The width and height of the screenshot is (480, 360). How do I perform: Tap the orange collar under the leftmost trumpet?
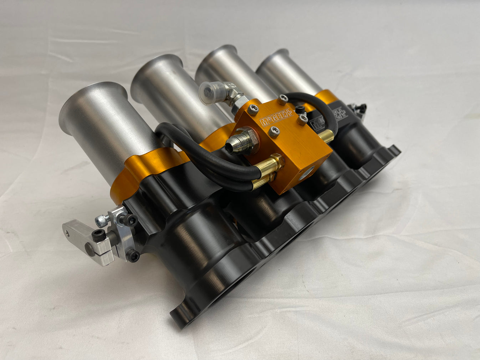pyautogui.click(x=143, y=171)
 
